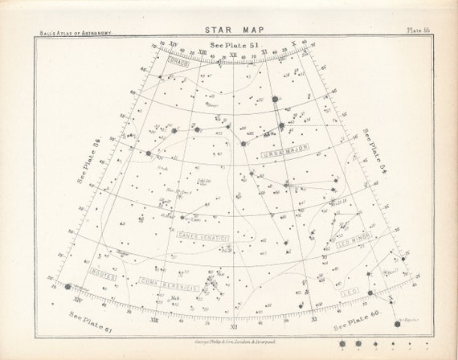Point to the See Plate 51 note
click(x=231, y=46)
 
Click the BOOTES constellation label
click(x=107, y=274)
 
